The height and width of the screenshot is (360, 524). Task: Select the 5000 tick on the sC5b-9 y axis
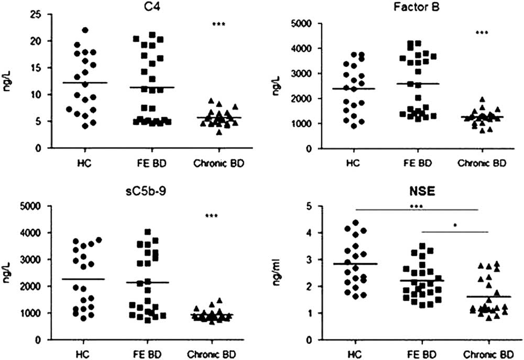tap(35, 206)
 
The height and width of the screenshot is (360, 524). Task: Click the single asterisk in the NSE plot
tap(455, 226)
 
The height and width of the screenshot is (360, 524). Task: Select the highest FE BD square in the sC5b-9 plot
tap(148, 232)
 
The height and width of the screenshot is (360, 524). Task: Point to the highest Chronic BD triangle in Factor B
tap(482, 99)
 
